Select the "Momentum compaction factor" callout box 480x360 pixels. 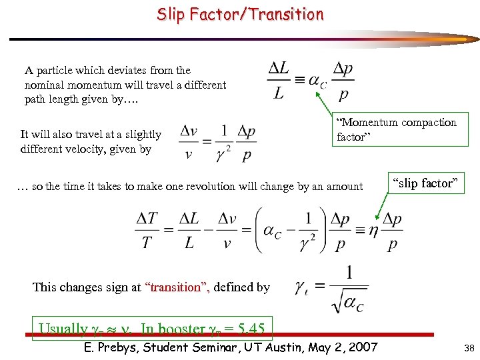397,129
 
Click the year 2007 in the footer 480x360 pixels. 361,347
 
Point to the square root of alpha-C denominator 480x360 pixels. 349,303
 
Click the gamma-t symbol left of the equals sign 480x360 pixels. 301,287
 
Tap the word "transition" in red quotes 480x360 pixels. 177,287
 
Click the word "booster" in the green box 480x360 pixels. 181,329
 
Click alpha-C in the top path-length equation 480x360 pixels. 317,82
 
